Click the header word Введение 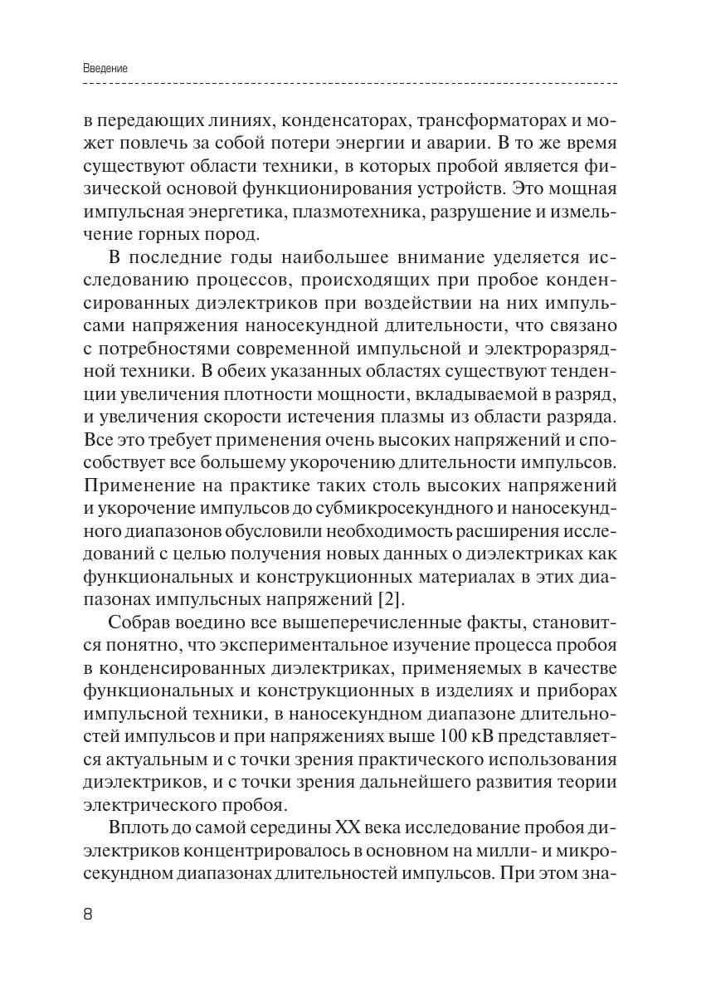point(105,69)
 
